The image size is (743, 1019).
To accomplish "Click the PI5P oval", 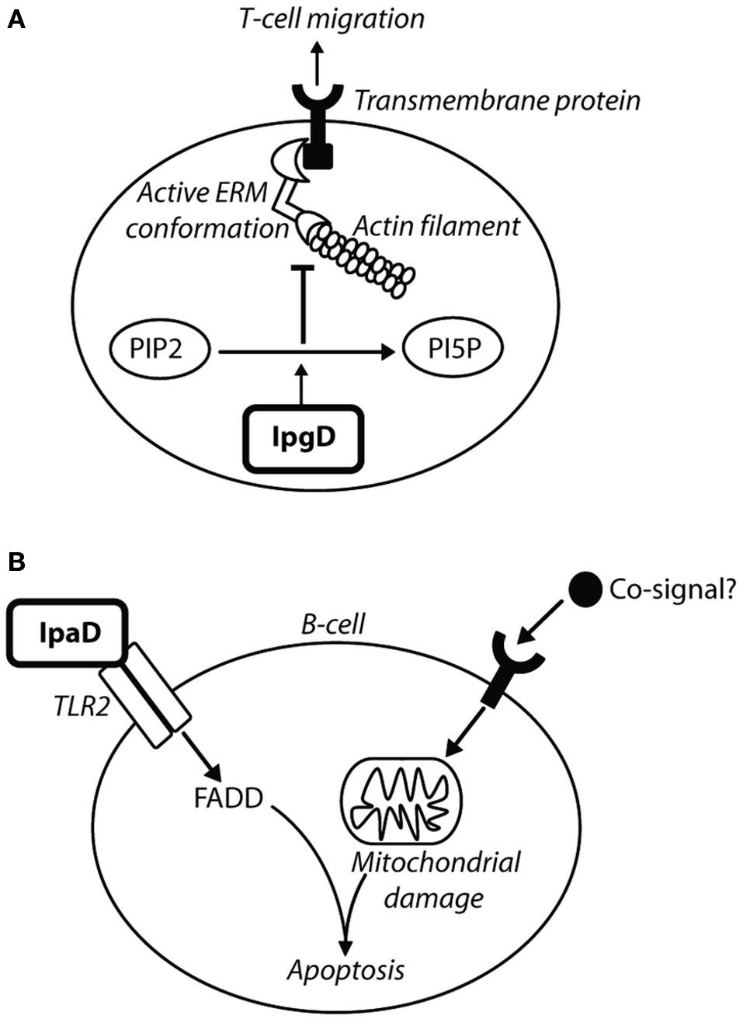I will click(453, 351).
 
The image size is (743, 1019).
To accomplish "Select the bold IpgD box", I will click(304, 438).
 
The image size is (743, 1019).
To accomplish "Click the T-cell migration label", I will click(332, 19).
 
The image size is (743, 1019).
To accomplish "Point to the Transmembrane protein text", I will click(497, 100).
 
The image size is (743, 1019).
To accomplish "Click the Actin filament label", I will click(436, 226).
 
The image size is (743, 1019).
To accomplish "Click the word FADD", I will click(229, 798).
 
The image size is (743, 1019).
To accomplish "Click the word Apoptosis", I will click(346, 970).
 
